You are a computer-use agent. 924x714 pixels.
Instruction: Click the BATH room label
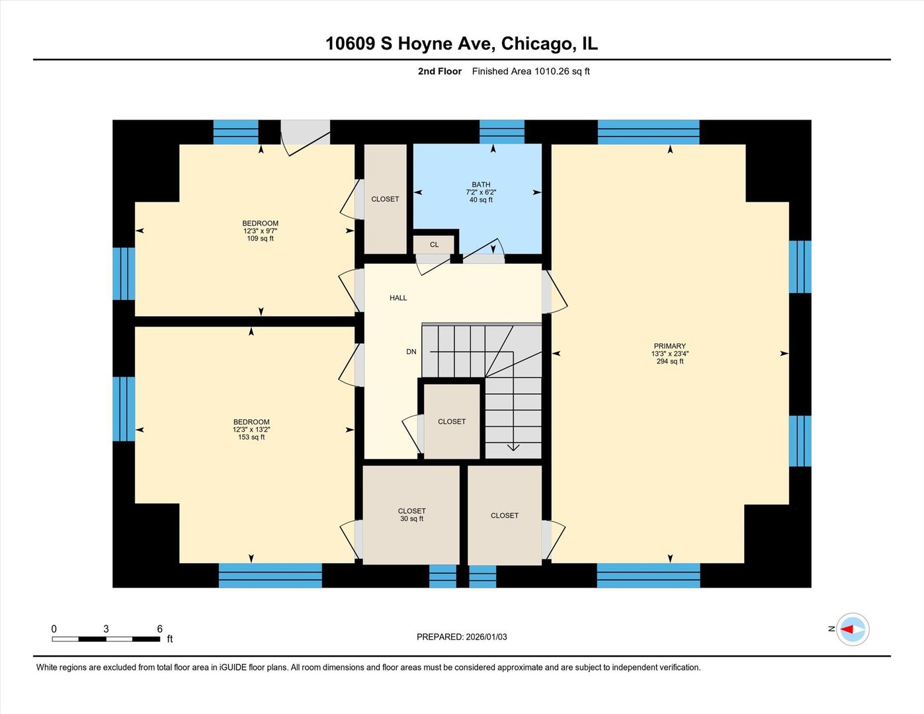coord(481,185)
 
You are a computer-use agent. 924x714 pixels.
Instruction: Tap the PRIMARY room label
coord(669,346)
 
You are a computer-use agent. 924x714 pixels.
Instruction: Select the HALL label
coord(398,298)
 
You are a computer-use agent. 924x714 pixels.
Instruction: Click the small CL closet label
coord(434,245)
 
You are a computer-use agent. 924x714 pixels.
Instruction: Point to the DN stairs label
coord(411,352)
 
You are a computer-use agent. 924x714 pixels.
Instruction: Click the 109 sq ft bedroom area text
coord(260,239)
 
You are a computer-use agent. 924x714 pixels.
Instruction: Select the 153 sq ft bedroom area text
coord(251,437)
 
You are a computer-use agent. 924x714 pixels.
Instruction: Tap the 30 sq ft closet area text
coord(411,519)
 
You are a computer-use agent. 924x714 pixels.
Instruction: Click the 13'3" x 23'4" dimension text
coord(669,354)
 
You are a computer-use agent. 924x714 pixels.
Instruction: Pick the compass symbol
coord(853,629)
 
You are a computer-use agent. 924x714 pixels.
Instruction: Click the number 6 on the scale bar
coord(159,629)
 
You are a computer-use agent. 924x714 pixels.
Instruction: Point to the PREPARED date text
coord(462,637)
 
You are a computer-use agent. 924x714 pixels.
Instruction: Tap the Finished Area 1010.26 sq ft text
coord(530,71)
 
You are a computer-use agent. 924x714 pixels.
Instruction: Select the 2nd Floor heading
coord(440,71)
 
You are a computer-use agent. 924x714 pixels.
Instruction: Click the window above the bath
coord(501,131)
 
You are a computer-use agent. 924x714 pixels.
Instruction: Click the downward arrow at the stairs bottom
coord(513,448)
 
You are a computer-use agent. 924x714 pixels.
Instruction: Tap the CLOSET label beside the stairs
coord(452,421)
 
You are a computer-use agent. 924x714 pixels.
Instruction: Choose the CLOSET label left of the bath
coord(385,199)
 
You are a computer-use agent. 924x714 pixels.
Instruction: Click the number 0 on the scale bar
coord(54,629)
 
